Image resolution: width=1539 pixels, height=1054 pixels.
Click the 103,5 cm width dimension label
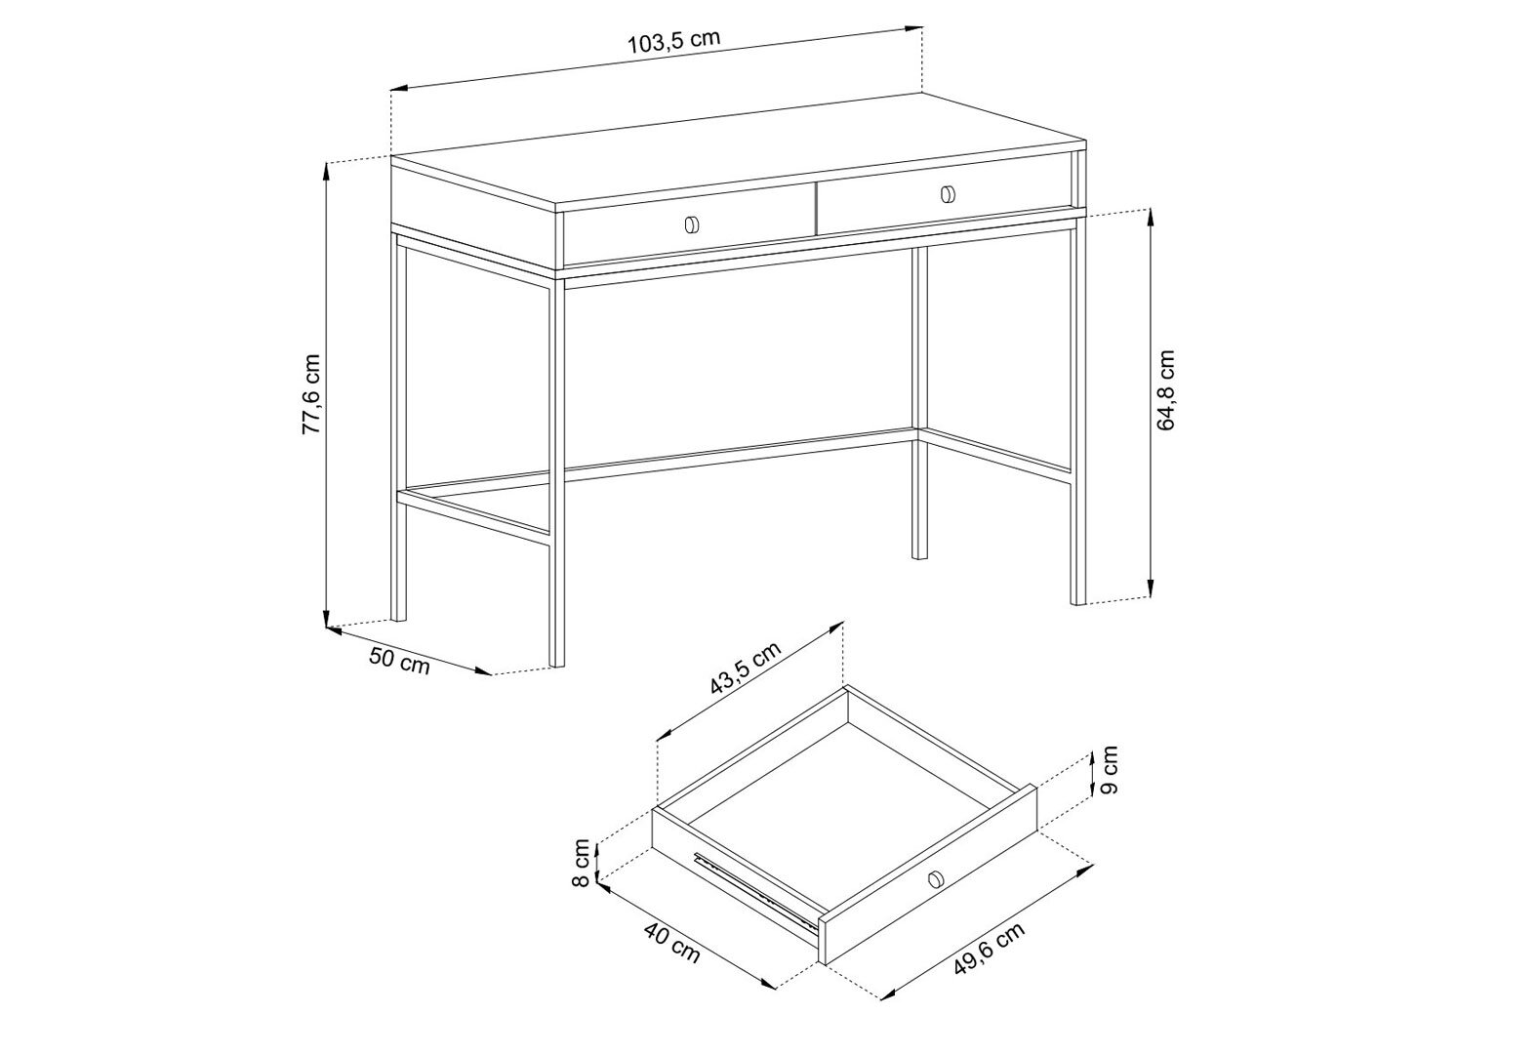pos(674,42)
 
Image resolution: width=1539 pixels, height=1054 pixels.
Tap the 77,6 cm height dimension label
pos(312,393)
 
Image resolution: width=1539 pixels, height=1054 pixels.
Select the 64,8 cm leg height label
pos(1166,389)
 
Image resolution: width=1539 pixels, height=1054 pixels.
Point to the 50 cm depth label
pos(399,661)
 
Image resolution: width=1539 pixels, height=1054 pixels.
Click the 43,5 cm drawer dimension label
pos(746,669)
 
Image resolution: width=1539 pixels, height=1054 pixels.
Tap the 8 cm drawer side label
pos(582,863)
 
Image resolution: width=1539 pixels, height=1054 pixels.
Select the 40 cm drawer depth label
pos(672,943)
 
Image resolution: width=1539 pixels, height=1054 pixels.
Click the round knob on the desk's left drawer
pos(691,224)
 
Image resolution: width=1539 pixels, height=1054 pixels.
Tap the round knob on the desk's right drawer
pos(948,194)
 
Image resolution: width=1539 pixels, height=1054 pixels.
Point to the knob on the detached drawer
pos(934,879)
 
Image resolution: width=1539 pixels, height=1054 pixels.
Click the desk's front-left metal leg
pos(557,472)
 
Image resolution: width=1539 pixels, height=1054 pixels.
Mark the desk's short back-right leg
pos(920,403)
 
